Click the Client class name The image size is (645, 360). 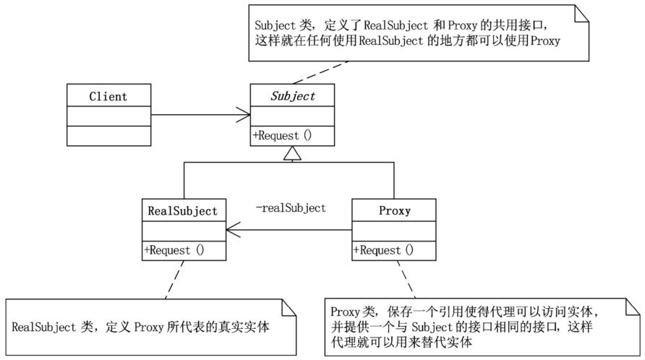[x=108, y=96]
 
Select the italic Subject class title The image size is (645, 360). [x=292, y=96]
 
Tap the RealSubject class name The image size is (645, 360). [x=183, y=211]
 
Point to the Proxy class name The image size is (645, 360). [x=395, y=211]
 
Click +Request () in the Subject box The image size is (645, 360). [x=282, y=135]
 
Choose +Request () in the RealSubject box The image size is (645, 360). [x=174, y=250]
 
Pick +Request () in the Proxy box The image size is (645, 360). [x=383, y=250]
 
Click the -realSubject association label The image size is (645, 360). [x=291, y=207]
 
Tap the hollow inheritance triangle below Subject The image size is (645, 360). [x=292, y=153]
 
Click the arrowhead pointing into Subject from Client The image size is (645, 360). [x=243, y=114]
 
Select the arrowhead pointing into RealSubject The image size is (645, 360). [x=234, y=230]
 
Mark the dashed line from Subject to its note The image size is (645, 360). [x=321, y=72]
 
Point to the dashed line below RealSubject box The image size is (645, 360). [x=174, y=280]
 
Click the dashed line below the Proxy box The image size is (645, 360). [x=406, y=279]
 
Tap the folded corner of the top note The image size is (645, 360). [x=581, y=13]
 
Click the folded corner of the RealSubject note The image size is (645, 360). [x=289, y=307]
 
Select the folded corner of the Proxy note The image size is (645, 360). [x=633, y=307]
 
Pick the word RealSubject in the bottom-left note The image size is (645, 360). [x=44, y=327]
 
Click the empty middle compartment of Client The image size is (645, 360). [x=109, y=116]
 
